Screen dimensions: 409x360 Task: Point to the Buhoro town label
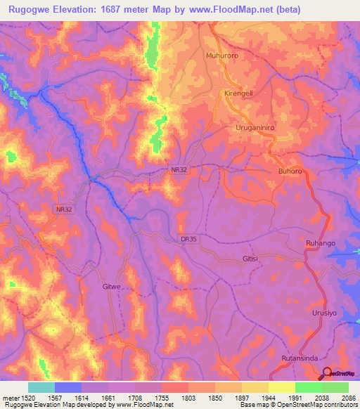click(x=290, y=171)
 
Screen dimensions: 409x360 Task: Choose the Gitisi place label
click(x=250, y=259)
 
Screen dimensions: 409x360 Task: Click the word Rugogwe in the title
click(x=29, y=10)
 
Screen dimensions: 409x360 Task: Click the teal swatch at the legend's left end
click(x=41, y=387)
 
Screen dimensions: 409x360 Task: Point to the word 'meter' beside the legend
click(x=10, y=398)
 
